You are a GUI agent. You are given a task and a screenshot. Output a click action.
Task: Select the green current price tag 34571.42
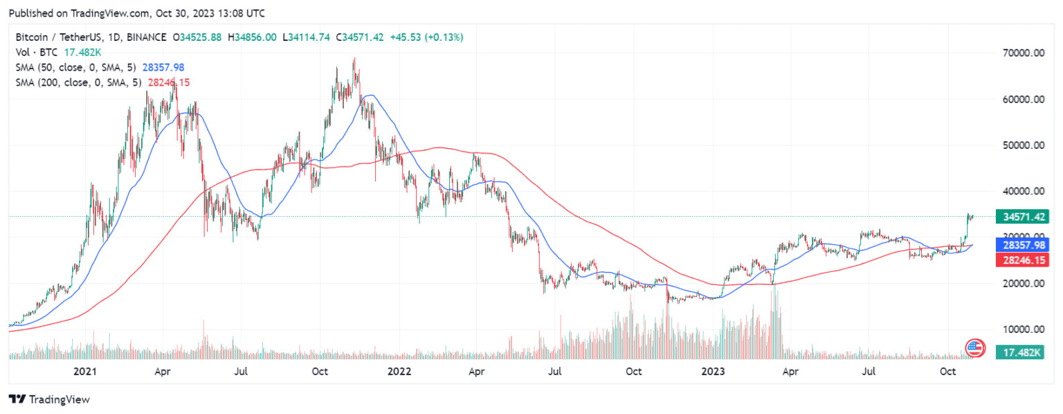pyautogui.click(x=1021, y=217)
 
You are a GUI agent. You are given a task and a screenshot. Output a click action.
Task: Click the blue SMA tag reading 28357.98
pyautogui.click(x=1021, y=245)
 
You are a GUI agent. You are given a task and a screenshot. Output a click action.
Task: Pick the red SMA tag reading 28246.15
pyautogui.click(x=1021, y=260)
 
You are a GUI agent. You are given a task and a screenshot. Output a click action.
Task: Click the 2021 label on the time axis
pyautogui.click(x=84, y=372)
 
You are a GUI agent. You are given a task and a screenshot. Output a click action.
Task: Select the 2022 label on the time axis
pyautogui.click(x=399, y=372)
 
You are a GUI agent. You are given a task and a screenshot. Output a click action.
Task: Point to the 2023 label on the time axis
pyautogui.click(x=713, y=372)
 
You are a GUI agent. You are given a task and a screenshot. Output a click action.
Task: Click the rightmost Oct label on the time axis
pyautogui.click(x=948, y=372)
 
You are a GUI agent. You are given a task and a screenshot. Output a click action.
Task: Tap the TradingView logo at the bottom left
pyautogui.click(x=49, y=399)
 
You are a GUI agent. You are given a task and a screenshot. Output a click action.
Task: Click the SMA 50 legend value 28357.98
pyautogui.click(x=163, y=67)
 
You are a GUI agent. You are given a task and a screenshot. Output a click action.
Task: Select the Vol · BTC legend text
pyautogui.click(x=39, y=52)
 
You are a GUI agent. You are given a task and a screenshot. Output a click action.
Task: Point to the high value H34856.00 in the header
pyautogui.click(x=256, y=37)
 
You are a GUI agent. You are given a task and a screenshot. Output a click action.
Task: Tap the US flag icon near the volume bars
pyautogui.click(x=974, y=347)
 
